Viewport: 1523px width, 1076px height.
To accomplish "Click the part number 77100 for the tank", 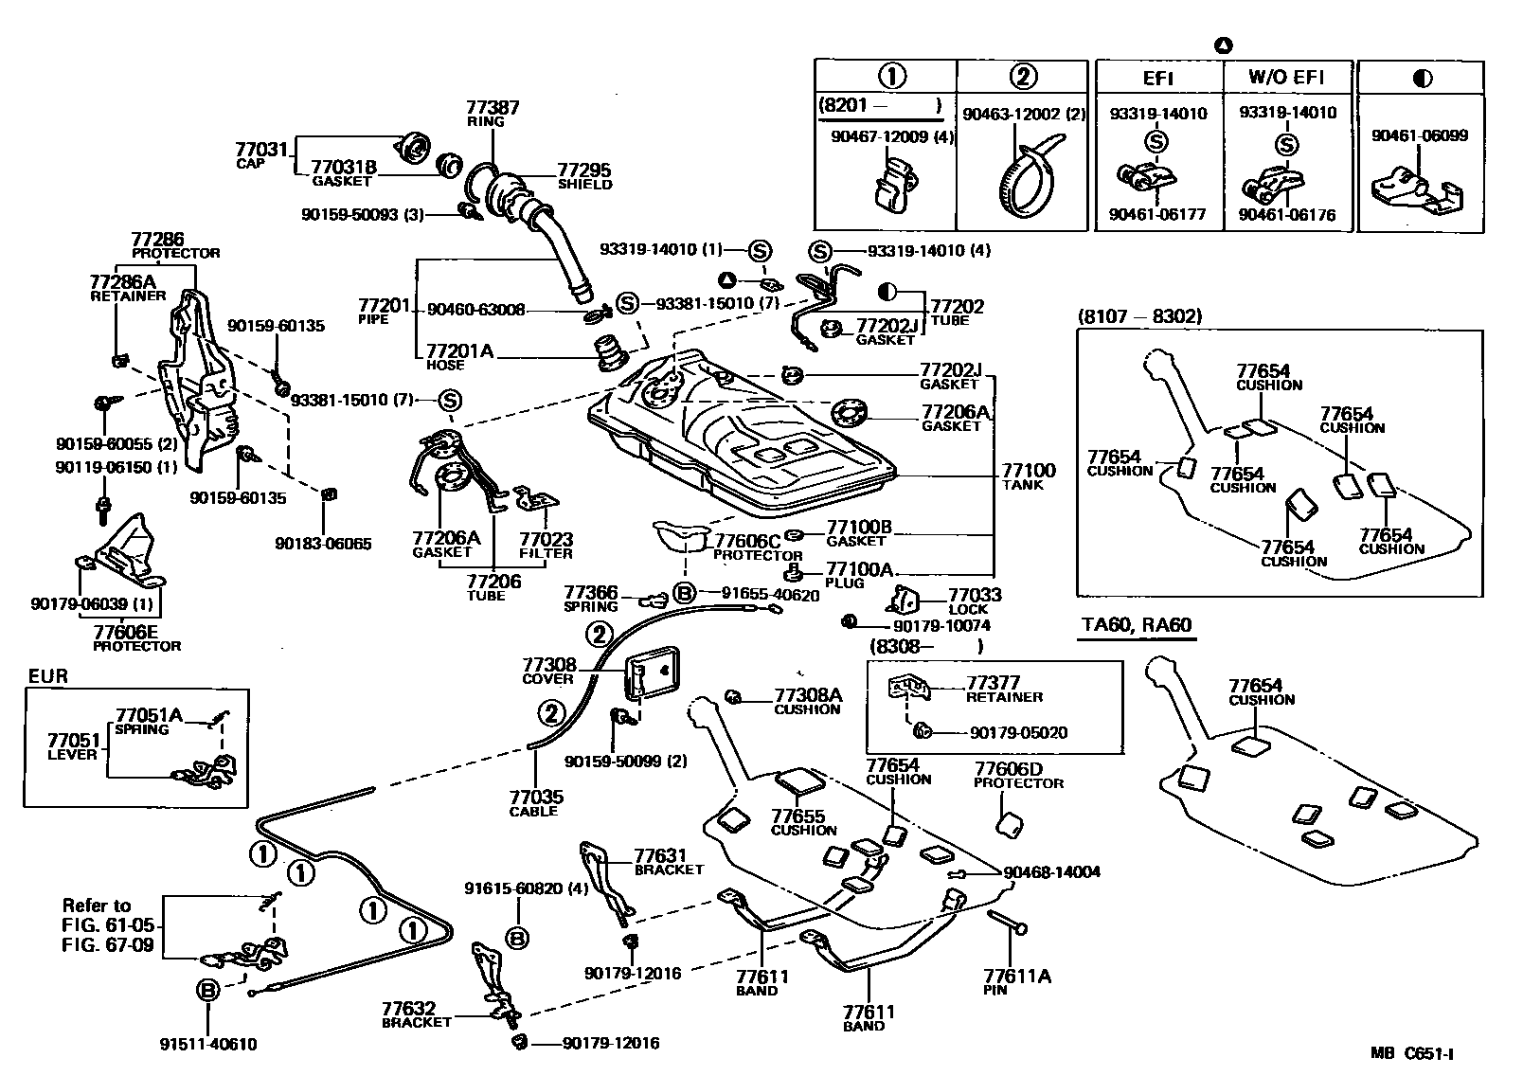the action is [x=1029, y=470].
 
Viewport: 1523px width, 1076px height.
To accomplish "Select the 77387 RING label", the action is [x=493, y=113].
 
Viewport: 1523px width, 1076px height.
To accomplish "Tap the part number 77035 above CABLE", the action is [x=536, y=796].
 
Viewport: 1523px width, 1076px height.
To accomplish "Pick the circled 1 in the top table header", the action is [x=892, y=76].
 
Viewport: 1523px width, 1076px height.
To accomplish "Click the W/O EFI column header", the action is [x=1286, y=77].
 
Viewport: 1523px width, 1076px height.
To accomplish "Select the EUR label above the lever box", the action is [x=48, y=676].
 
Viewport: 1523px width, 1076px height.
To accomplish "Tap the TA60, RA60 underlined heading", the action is [x=1137, y=624].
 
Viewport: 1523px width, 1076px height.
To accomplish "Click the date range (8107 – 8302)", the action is [x=1139, y=315].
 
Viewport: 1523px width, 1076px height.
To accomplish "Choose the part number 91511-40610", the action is [x=208, y=1044].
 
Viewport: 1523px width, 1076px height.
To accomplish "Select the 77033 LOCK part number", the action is [x=975, y=595].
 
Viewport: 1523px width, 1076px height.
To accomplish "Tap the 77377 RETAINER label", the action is [x=1004, y=689].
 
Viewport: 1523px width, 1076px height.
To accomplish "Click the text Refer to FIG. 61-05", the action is [x=108, y=916].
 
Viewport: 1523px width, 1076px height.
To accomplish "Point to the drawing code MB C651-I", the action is [x=1411, y=1053].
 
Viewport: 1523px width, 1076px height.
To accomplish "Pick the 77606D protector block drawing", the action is [x=1010, y=824].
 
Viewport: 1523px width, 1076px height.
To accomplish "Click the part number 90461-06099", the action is [x=1420, y=135].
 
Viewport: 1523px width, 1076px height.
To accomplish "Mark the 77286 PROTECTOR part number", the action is [x=157, y=239].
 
